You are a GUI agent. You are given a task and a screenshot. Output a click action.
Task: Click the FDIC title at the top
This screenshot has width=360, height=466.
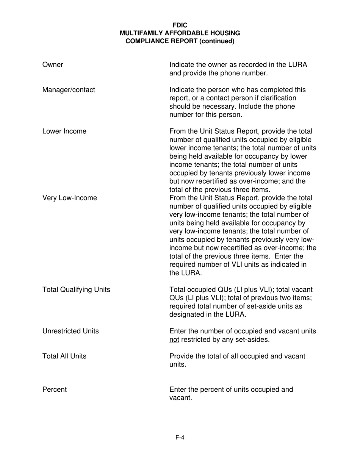click(180, 25)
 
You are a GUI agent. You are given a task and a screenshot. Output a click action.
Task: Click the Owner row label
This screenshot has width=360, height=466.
click(53, 65)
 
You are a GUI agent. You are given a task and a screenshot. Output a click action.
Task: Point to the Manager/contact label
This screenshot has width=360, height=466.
click(69, 90)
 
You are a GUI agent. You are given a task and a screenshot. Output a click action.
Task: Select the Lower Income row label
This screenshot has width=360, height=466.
click(64, 131)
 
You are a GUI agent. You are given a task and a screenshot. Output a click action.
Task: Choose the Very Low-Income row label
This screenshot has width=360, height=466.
click(70, 198)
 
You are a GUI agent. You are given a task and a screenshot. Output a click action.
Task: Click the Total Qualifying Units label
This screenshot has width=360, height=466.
click(76, 290)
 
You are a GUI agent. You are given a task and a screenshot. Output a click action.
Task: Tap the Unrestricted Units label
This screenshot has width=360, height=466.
click(70, 331)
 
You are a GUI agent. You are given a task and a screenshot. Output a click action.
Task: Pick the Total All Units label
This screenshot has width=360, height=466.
click(64, 356)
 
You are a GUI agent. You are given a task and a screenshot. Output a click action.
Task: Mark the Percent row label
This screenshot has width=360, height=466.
click(55, 389)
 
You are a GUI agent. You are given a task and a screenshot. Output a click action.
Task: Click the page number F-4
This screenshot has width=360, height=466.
click(180, 438)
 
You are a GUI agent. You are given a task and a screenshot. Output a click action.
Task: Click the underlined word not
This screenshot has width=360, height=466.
click(174, 339)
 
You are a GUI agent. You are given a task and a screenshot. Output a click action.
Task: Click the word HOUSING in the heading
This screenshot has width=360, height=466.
click(225, 33)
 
